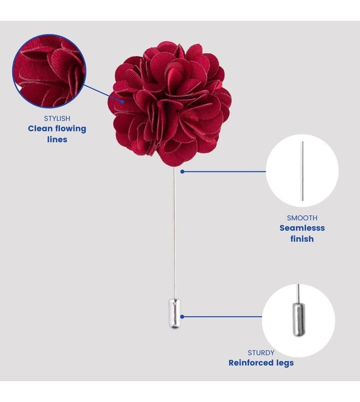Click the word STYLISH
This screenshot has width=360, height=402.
(57, 118)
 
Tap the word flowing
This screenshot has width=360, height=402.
(71, 129)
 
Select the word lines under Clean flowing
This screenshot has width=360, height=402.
(57, 140)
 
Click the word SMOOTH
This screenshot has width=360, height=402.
(302, 218)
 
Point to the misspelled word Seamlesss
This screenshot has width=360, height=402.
(302, 228)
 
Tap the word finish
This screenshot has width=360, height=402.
(302, 239)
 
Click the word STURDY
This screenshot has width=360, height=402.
(261, 353)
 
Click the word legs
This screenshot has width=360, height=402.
(284, 363)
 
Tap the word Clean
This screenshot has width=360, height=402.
(40, 129)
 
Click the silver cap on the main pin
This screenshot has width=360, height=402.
(175, 314)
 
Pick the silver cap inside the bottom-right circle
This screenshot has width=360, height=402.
(299, 319)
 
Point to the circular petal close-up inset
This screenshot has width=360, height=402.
(49, 71)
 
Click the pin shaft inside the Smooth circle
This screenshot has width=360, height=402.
(303, 171)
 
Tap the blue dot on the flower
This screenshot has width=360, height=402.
(123, 101)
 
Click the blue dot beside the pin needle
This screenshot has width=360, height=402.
(182, 171)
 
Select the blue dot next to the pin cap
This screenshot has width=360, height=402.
(182, 317)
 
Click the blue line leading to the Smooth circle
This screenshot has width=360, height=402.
(224, 171)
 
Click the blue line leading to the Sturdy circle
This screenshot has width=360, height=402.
(222, 317)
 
